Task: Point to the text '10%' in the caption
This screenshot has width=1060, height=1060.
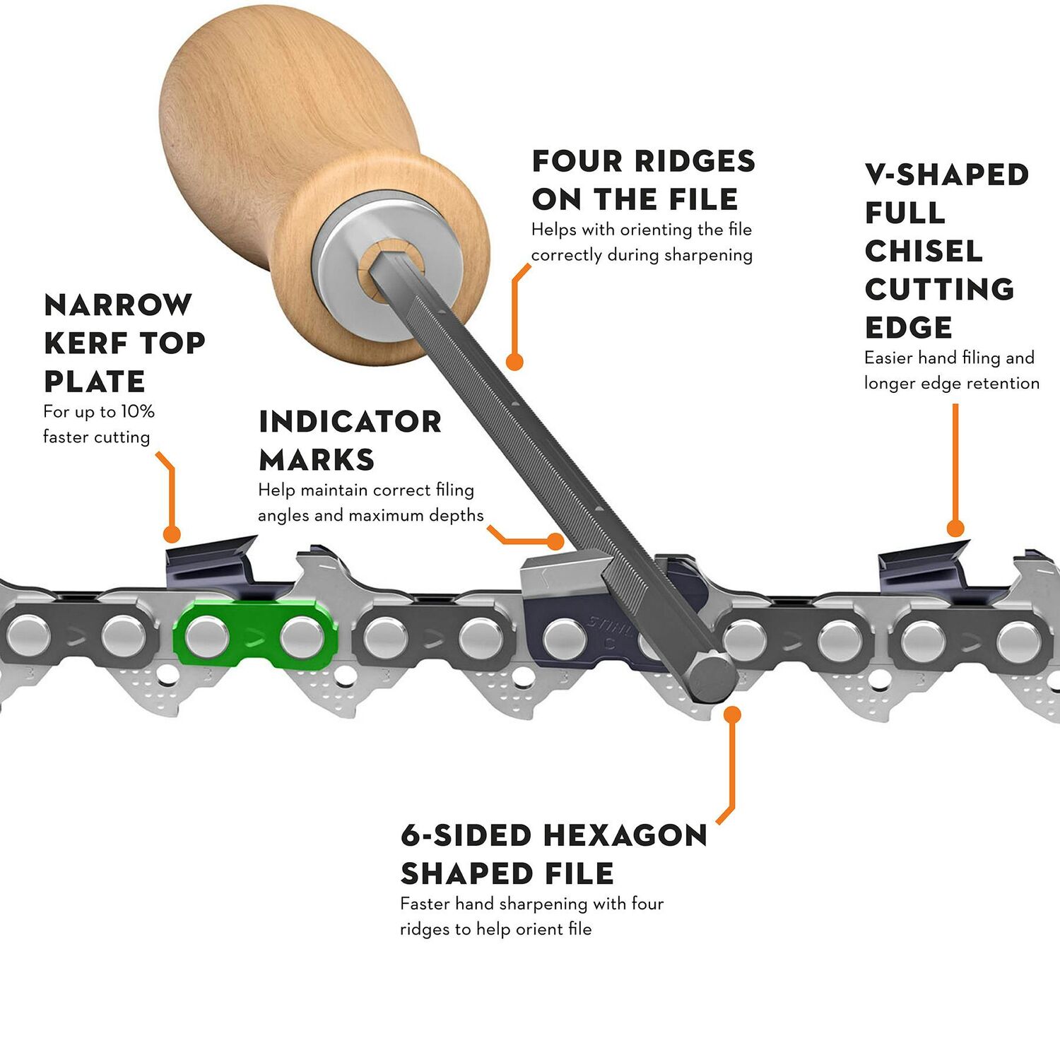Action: (x=137, y=412)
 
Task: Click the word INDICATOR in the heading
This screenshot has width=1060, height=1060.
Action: (x=350, y=422)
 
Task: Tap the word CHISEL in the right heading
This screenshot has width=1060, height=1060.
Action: (x=924, y=251)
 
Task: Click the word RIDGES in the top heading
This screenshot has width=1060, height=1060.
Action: (x=694, y=161)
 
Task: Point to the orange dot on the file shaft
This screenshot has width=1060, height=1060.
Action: (x=515, y=362)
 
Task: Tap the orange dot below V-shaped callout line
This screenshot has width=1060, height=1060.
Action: (x=955, y=528)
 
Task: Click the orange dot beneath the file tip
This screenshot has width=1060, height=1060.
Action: (x=733, y=714)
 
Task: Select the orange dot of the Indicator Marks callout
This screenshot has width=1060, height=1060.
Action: (x=556, y=542)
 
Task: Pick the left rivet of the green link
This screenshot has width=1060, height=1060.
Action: (x=207, y=636)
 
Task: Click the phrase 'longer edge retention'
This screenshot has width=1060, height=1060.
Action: (x=951, y=384)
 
